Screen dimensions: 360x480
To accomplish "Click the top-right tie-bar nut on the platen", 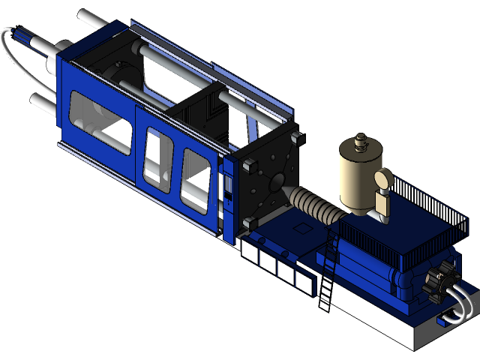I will click(296, 137).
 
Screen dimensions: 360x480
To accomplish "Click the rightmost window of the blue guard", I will click(195, 177).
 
